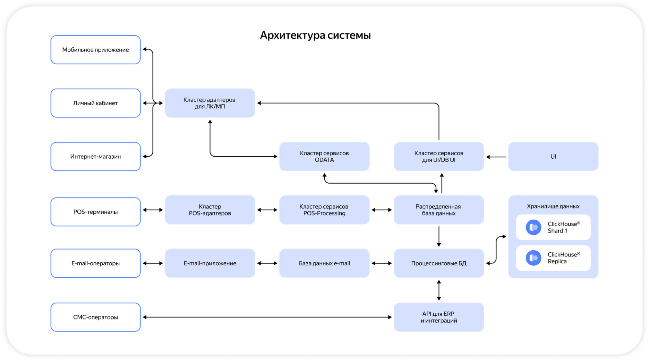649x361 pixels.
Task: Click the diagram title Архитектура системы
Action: tap(315, 35)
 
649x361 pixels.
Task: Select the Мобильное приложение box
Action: tap(96, 50)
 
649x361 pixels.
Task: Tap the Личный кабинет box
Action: tap(96, 103)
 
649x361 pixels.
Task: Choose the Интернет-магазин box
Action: tap(96, 156)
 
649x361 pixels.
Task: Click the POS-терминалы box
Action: tap(96, 212)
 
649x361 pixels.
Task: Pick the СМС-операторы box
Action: tap(96, 317)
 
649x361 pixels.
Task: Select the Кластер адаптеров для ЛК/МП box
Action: tap(210, 103)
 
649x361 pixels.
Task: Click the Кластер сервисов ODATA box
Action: tap(324, 156)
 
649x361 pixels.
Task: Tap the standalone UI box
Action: tap(553, 156)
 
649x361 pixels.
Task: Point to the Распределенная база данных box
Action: tap(438, 210)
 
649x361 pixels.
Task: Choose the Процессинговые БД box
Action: tap(438, 263)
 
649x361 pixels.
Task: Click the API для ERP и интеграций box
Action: tap(438, 317)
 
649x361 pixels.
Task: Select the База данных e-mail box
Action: tap(324, 263)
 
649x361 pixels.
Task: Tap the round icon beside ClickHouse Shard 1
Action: tap(533, 227)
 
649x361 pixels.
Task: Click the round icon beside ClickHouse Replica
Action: tap(533, 258)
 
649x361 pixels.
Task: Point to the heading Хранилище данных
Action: tap(553, 206)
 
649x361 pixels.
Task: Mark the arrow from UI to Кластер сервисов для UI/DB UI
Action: tap(496, 157)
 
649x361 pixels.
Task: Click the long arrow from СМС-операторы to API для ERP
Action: tap(267, 317)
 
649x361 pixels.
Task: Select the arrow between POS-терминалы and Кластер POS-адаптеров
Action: tap(153, 210)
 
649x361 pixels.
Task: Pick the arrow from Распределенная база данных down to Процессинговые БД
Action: tap(439, 236)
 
